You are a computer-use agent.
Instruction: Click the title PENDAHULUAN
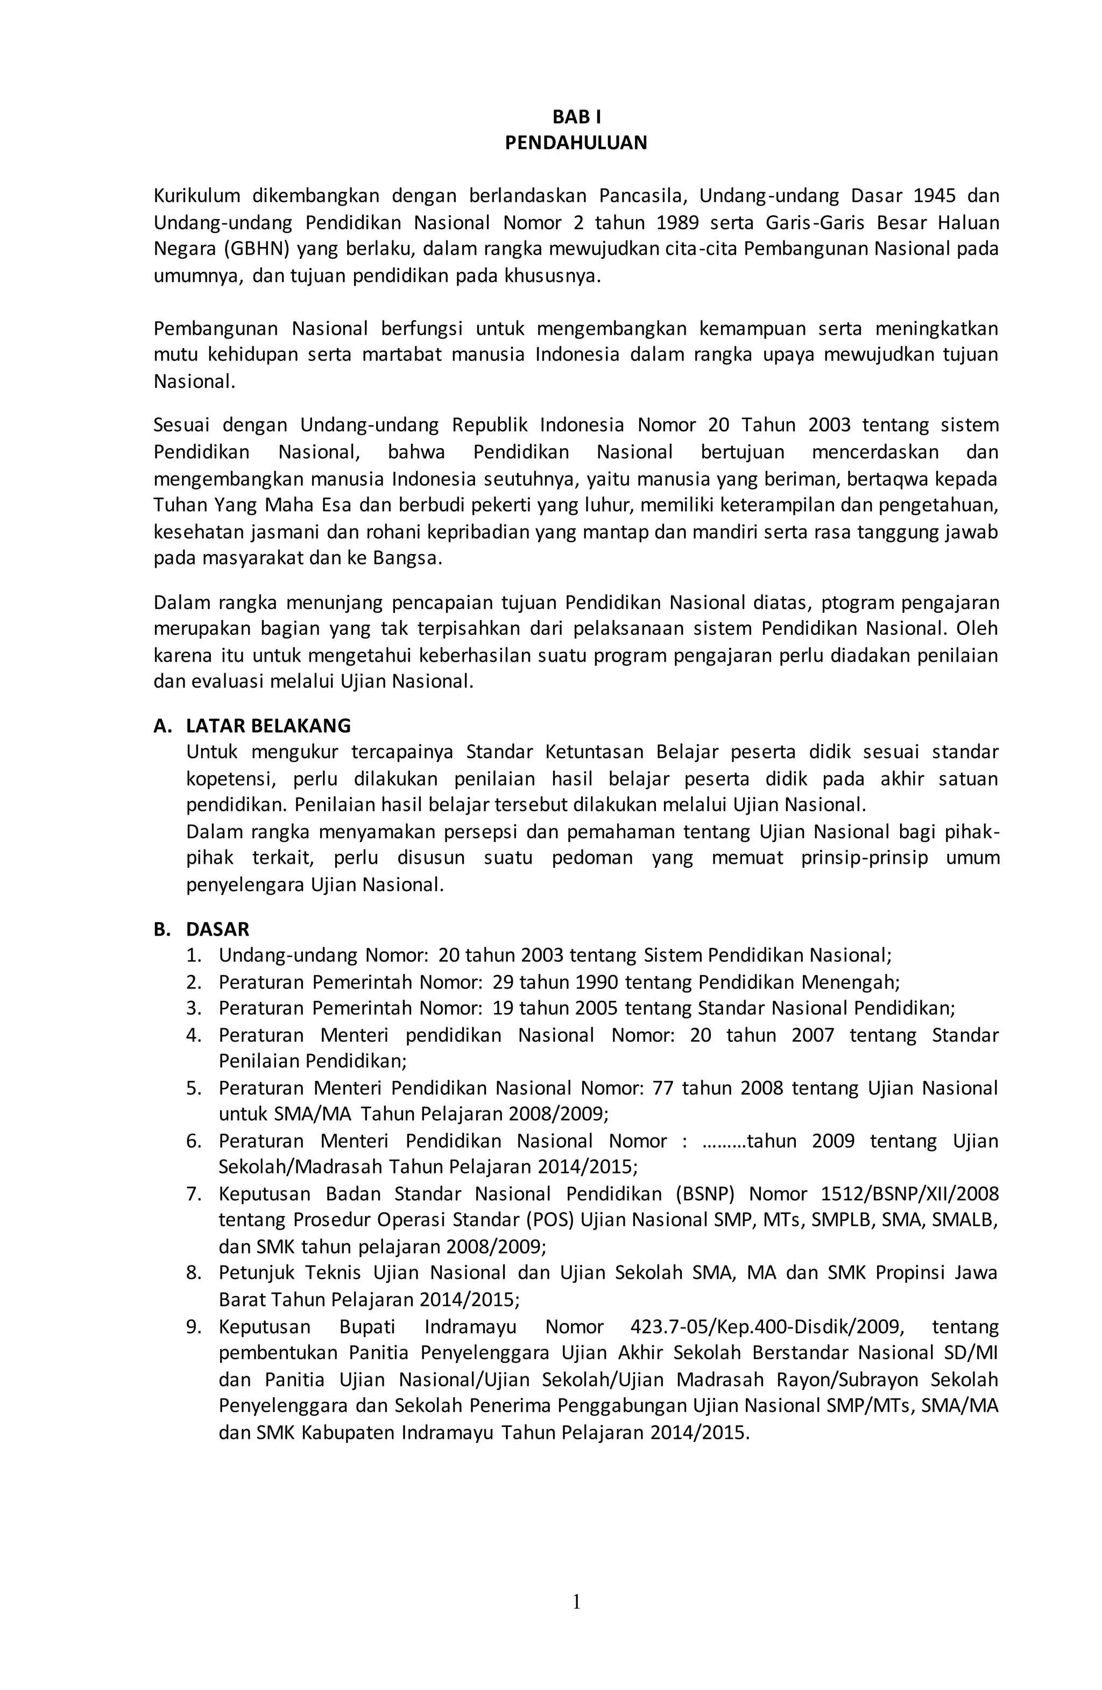coord(576,143)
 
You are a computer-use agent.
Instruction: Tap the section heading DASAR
coord(217,929)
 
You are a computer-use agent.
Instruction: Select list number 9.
coord(194,1326)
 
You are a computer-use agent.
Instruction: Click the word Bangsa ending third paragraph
coord(406,558)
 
